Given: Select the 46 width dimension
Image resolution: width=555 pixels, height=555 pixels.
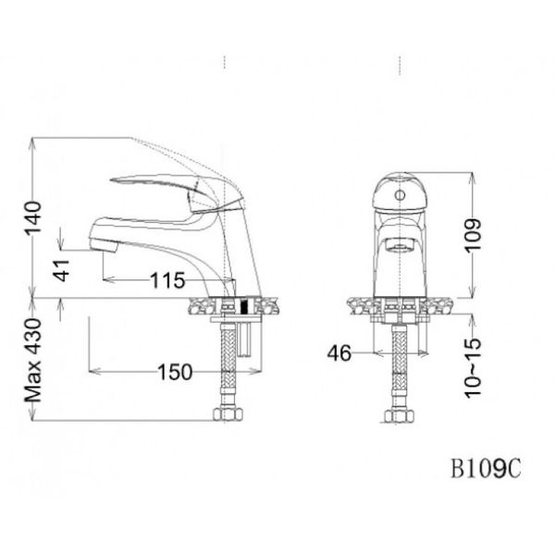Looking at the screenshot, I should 339,352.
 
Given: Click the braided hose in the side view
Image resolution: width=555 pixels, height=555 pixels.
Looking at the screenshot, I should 225,365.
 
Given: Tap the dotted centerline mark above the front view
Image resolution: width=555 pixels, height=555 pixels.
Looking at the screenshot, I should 400,64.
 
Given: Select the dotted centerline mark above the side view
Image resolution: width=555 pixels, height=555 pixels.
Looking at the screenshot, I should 225,64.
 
